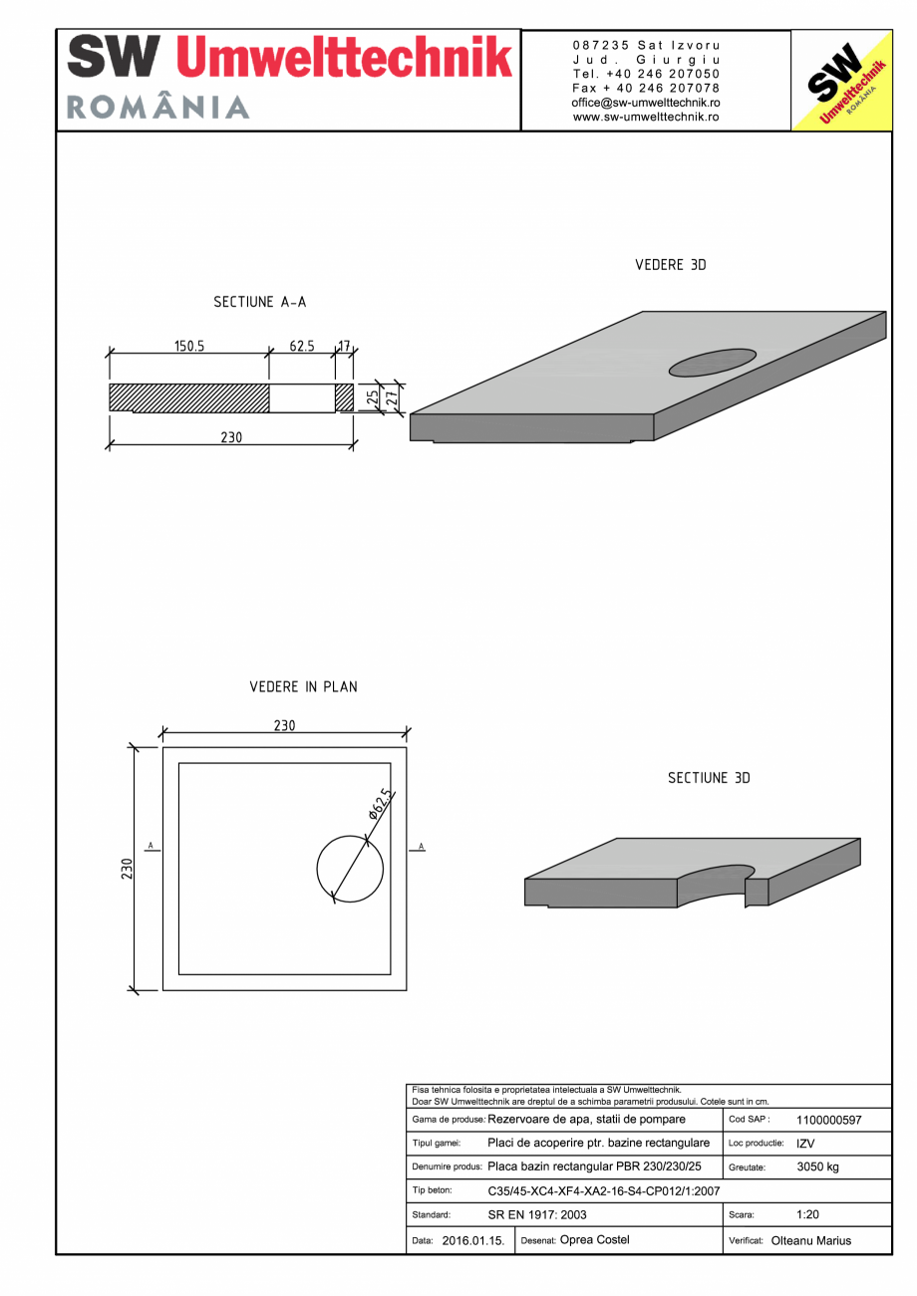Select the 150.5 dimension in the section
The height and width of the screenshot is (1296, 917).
coord(189,347)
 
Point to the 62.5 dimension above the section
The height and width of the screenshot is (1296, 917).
coord(302,347)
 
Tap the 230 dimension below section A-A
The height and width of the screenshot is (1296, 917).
coord(231,436)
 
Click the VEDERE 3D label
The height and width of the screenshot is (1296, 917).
coord(670,265)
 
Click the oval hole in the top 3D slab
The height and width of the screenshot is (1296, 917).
coord(712,363)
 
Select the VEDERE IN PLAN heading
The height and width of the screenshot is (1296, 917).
coord(303,687)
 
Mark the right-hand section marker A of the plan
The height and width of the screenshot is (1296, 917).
coord(421,847)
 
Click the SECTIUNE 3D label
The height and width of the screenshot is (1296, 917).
coord(708,778)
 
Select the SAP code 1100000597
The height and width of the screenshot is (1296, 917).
coord(828,1121)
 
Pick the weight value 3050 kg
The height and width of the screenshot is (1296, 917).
coord(817,1166)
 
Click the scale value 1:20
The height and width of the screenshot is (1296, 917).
coord(807,1215)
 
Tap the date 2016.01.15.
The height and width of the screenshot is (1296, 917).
coord(473,1241)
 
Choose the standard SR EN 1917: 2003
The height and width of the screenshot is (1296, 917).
coord(537,1215)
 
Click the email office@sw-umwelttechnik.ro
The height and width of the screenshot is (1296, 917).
coord(646,103)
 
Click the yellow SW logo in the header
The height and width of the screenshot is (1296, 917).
coord(841,81)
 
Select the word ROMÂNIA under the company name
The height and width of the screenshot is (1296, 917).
coord(158,107)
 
